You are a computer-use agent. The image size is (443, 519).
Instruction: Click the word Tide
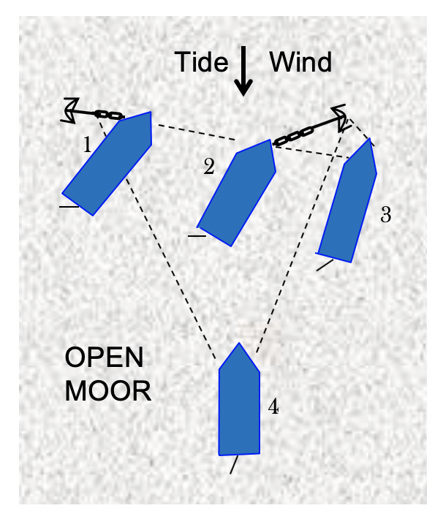tap(201, 63)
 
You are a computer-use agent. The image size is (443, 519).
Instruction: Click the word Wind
tap(300, 63)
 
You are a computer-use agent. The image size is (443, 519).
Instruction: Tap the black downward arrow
tap(243, 73)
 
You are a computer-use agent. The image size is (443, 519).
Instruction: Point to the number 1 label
tap(87, 145)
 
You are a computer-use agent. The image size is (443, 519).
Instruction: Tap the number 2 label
tap(209, 167)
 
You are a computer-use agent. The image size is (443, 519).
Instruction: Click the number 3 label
tap(386, 215)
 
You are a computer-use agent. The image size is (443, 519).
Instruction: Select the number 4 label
tap(273, 407)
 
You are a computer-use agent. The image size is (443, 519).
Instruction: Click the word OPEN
tap(105, 359)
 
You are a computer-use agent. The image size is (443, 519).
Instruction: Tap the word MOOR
tap(108, 391)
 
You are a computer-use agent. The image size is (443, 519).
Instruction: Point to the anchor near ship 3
tap(340, 115)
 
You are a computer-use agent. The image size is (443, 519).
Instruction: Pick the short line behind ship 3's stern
tap(325, 265)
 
